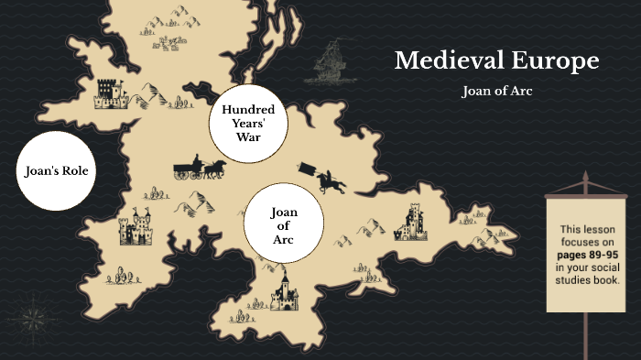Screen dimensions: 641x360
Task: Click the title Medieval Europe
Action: (496, 61)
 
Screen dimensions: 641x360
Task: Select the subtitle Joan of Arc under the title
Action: (496, 92)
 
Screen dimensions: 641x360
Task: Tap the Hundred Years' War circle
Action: (248, 125)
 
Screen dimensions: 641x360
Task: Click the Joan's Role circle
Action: (57, 170)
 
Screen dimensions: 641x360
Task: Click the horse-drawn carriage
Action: (200, 169)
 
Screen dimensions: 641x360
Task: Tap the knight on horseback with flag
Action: (326, 178)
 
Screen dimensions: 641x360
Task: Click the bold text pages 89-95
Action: (587, 254)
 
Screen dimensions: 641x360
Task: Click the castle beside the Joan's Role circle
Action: (136, 229)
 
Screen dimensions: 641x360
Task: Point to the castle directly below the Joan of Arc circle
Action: (284, 291)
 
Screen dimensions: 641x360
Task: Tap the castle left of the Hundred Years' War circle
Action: (110, 91)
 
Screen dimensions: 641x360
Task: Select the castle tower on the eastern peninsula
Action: (411, 223)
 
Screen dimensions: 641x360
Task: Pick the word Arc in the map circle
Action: (284, 240)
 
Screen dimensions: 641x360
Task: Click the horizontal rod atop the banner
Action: (586, 193)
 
